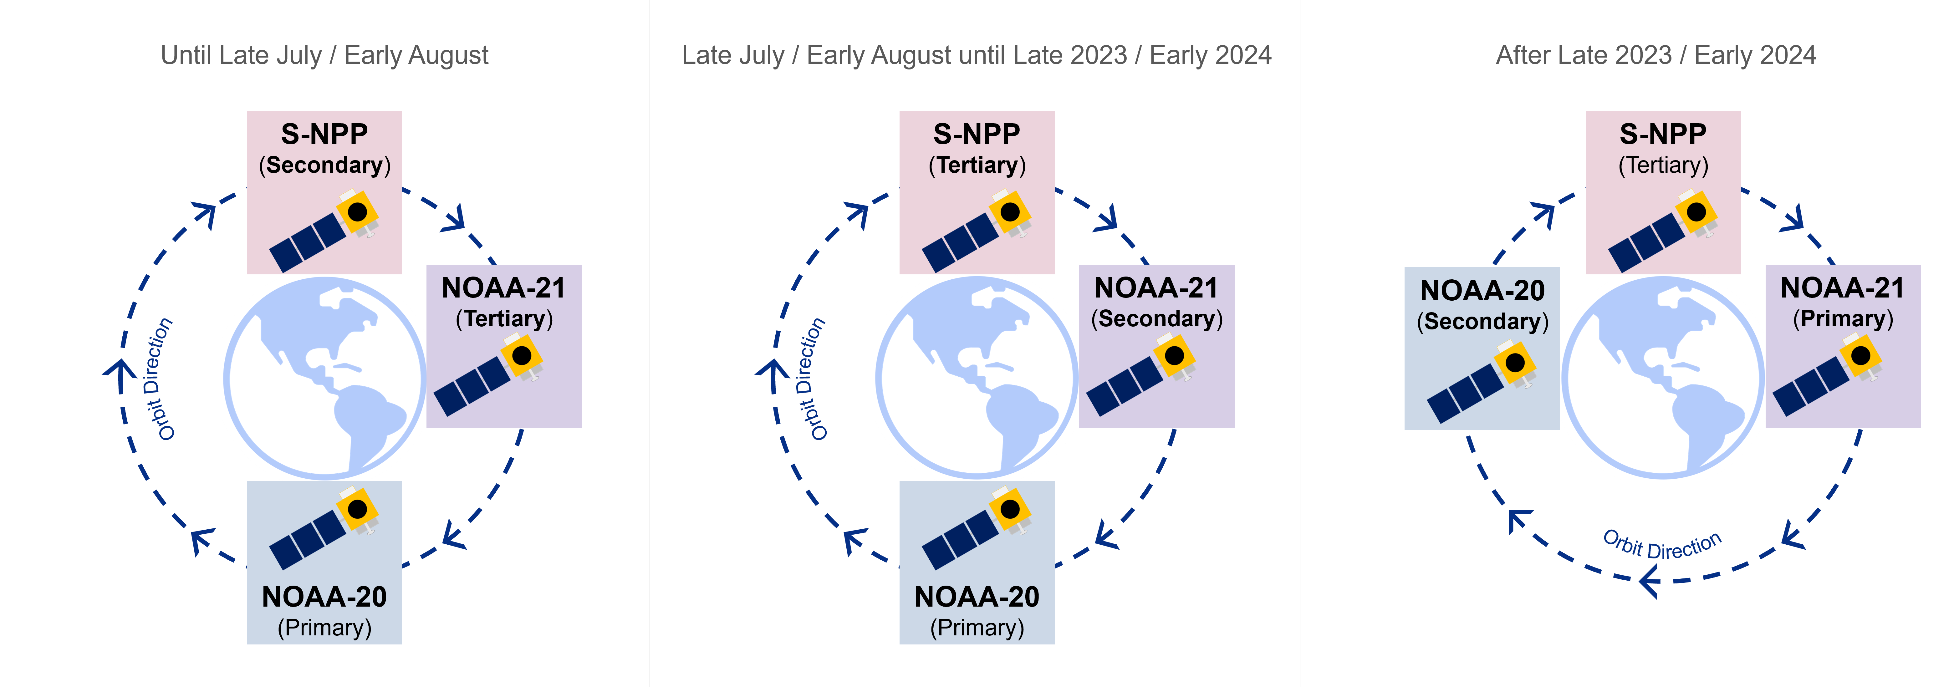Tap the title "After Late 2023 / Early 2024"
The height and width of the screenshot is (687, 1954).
click(x=1656, y=55)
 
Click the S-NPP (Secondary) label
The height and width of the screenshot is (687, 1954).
click(x=325, y=149)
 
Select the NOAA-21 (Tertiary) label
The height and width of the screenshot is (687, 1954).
click(x=504, y=303)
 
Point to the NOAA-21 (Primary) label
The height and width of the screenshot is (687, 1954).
click(x=1843, y=303)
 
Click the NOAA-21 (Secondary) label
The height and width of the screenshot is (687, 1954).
click(x=1157, y=303)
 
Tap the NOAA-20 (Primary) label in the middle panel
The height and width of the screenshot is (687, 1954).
click(x=977, y=612)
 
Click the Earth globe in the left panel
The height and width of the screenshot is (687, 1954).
click(x=325, y=378)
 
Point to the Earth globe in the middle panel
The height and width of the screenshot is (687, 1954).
click(x=977, y=378)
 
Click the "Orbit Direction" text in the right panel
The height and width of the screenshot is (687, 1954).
click(x=1662, y=545)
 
